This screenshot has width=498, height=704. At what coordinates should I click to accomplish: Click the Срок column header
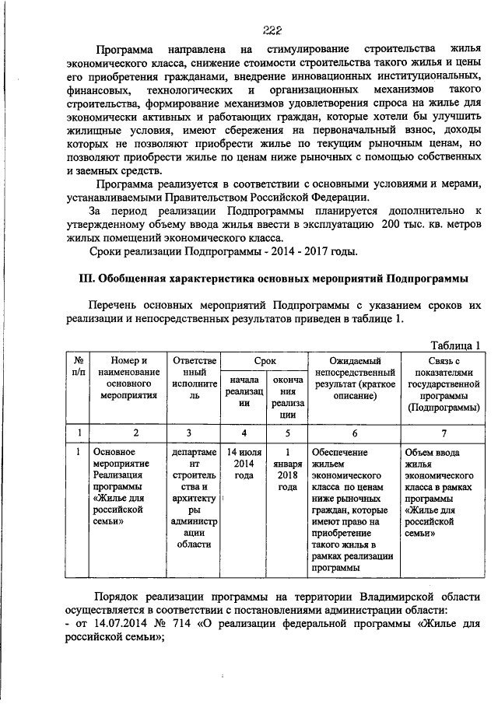260,361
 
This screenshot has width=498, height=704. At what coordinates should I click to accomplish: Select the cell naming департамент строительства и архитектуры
195,498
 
